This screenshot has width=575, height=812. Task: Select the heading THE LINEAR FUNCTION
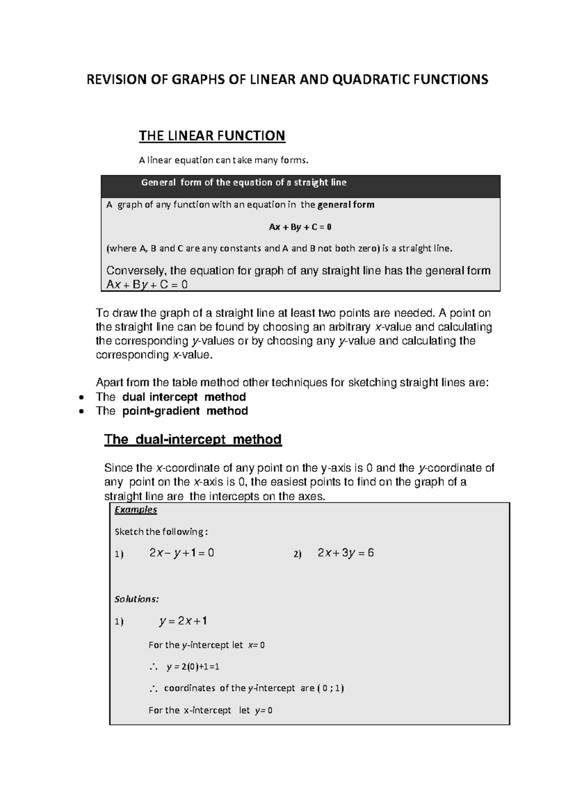(x=212, y=136)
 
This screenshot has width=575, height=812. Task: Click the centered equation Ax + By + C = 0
(x=300, y=227)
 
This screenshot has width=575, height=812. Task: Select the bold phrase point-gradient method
(x=185, y=411)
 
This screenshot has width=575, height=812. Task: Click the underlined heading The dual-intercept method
(x=193, y=440)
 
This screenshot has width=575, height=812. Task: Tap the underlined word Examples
(x=136, y=510)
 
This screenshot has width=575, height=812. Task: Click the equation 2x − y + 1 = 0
(x=182, y=553)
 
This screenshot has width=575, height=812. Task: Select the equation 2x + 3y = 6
(x=345, y=553)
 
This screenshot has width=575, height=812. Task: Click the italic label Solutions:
(x=137, y=599)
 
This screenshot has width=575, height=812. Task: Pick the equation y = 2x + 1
(x=183, y=621)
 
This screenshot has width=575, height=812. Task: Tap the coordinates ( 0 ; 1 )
(x=330, y=688)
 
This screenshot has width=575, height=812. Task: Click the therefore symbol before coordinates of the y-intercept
(x=153, y=689)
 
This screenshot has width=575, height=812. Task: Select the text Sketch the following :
(x=161, y=532)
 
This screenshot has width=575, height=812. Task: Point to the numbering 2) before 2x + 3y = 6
(x=298, y=554)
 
